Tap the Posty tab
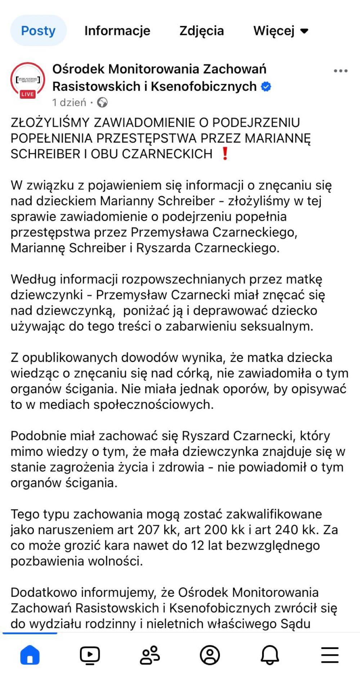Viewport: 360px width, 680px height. point(38,31)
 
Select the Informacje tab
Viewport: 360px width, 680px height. point(117,31)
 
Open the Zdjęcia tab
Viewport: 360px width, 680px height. point(202,31)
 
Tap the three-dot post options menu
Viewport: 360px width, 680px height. point(340,71)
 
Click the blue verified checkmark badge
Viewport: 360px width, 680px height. point(266,87)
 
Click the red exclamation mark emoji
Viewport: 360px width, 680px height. point(225,154)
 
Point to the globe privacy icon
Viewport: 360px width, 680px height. point(103,103)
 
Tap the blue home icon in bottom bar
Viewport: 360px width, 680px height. point(30,655)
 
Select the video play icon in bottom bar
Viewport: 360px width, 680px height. point(90,655)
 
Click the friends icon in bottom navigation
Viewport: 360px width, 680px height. point(150,655)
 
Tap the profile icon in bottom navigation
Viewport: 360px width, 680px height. point(210,655)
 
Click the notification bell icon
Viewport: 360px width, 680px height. point(270,655)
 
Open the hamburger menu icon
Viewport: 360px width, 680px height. point(330,655)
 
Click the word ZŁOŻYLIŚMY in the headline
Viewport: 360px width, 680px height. point(50,122)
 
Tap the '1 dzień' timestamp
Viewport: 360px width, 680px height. point(69,103)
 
